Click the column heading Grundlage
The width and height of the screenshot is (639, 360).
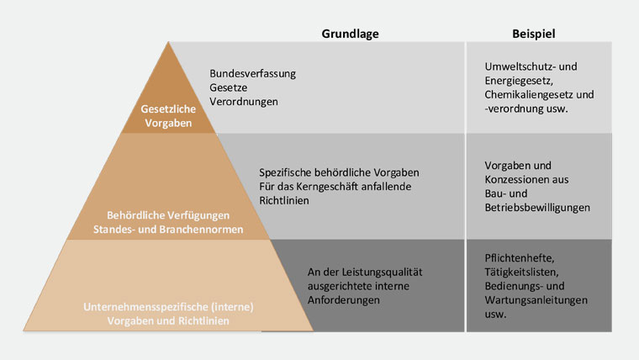pos(350,34)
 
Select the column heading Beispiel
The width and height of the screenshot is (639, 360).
pos(533,34)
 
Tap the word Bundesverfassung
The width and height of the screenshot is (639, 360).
pos(253,74)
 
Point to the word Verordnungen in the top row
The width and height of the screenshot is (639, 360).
pos(244,102)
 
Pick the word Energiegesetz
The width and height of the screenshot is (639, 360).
pos(517,81)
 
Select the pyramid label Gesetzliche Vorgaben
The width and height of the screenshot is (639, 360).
pos(168,116)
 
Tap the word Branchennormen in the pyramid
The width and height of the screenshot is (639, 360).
pos(201,230)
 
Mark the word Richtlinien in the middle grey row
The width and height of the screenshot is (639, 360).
pos(284,200)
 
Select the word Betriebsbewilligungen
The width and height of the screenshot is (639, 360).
pos(537,208)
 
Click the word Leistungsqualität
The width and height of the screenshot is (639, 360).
pos(382,273)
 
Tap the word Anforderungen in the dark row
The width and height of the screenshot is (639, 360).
pos(344,300)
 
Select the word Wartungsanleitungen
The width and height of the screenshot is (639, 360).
pos(536,300)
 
